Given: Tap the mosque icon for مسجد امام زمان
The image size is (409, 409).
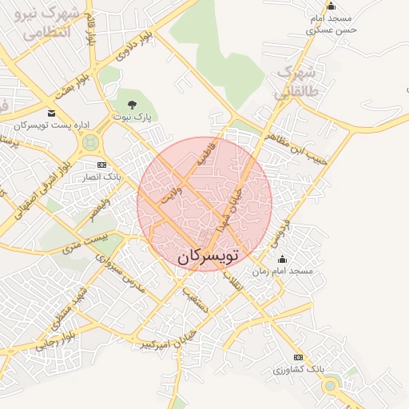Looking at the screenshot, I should (x=281, y=259).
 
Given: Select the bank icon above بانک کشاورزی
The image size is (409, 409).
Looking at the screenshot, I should (x=298, y=356).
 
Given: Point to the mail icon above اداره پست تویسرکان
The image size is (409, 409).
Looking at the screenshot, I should (x=52, y=113).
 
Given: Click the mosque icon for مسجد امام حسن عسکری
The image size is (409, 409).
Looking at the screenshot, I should (x=331, y=6).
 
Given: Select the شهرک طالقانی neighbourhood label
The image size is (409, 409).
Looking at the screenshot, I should (x=296, y=82).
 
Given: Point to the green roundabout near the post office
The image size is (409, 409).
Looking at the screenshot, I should (x=89, y=143).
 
